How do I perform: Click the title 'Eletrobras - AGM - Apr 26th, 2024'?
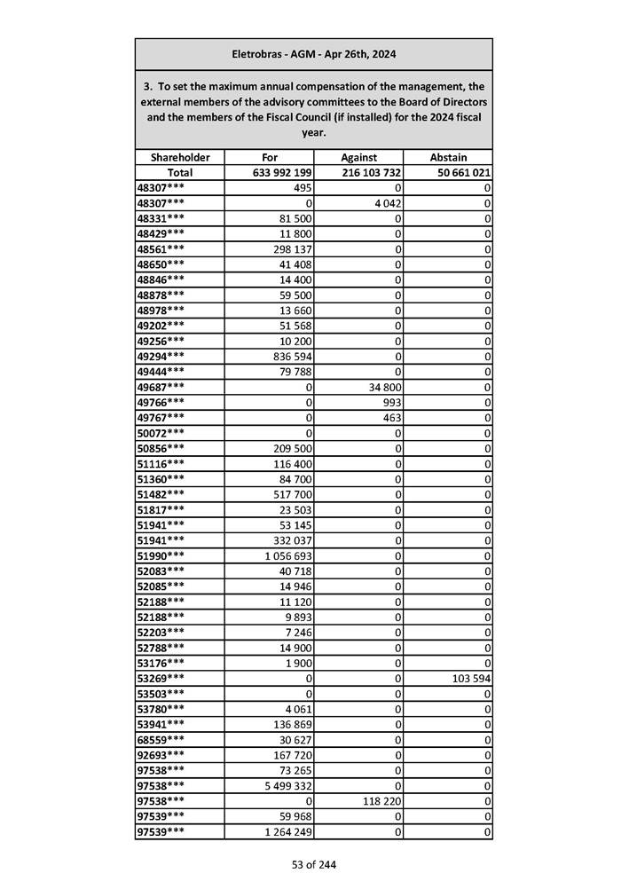tap(313, 54)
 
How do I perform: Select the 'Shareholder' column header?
tap(180, 157)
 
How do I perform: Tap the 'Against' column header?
tap(358, 157)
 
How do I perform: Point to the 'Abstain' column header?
tap(448, 157)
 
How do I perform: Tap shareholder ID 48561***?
tap(161, 249)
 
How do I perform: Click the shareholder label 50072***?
tap(161, 432)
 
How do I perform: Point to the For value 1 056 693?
tap(285, 555)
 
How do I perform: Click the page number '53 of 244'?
tap(314, 865)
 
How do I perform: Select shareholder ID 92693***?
tap(161, 755)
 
